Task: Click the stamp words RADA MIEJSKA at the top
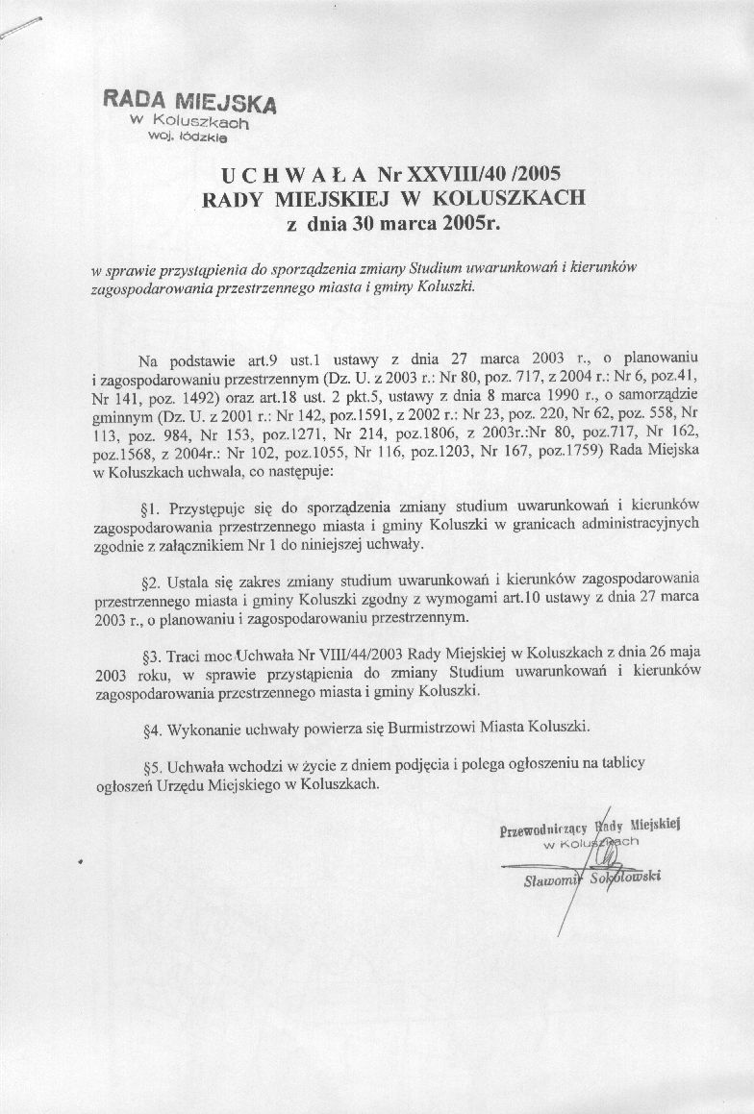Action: (x=189, y=102)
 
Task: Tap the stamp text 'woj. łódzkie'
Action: (x=187, y=138)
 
